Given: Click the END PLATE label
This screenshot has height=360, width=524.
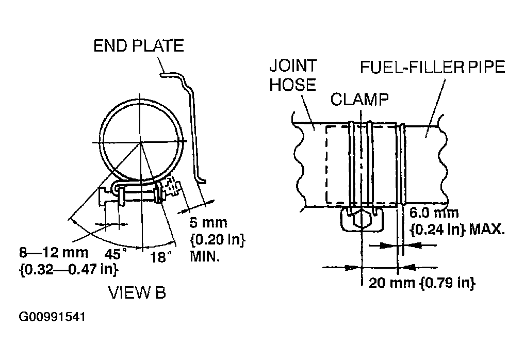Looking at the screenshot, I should point(138,46).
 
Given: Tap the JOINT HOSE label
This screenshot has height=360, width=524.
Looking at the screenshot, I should point(293,75).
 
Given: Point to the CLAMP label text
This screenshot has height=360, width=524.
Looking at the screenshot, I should point(359,99).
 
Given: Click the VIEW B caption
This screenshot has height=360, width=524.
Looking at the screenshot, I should point(137,293).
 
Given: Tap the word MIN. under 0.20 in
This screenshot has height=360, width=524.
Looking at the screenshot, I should point(205,256).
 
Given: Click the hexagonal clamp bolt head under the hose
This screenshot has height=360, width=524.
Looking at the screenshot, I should point(361,220).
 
